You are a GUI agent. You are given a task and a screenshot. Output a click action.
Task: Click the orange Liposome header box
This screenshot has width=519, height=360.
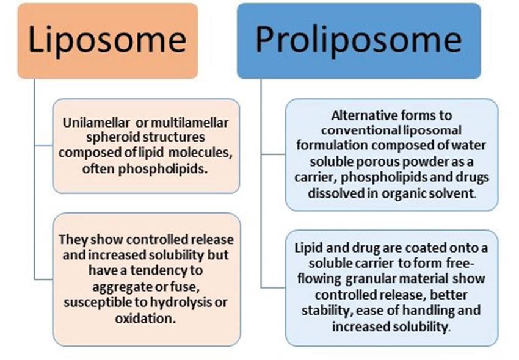pos(107,40)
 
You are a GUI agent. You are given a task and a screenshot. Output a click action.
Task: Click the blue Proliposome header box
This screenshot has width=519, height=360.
pos(358,40)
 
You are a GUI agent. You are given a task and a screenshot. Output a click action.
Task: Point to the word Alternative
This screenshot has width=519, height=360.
pos(364,115)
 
